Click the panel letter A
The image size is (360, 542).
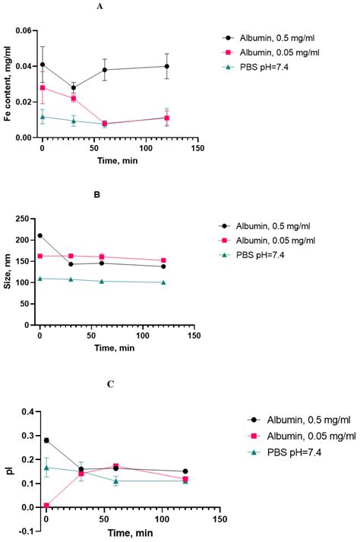[x=122, y=6]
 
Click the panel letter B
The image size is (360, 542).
[x=118, y=194]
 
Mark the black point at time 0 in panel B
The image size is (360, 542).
[x=40, y=235]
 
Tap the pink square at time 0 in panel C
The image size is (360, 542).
[x=46, y=506]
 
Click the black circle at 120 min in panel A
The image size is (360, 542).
[x=166, y=66]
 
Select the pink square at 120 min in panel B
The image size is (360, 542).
[x=163, y=260]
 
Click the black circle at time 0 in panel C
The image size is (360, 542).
[x=46, y=440]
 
